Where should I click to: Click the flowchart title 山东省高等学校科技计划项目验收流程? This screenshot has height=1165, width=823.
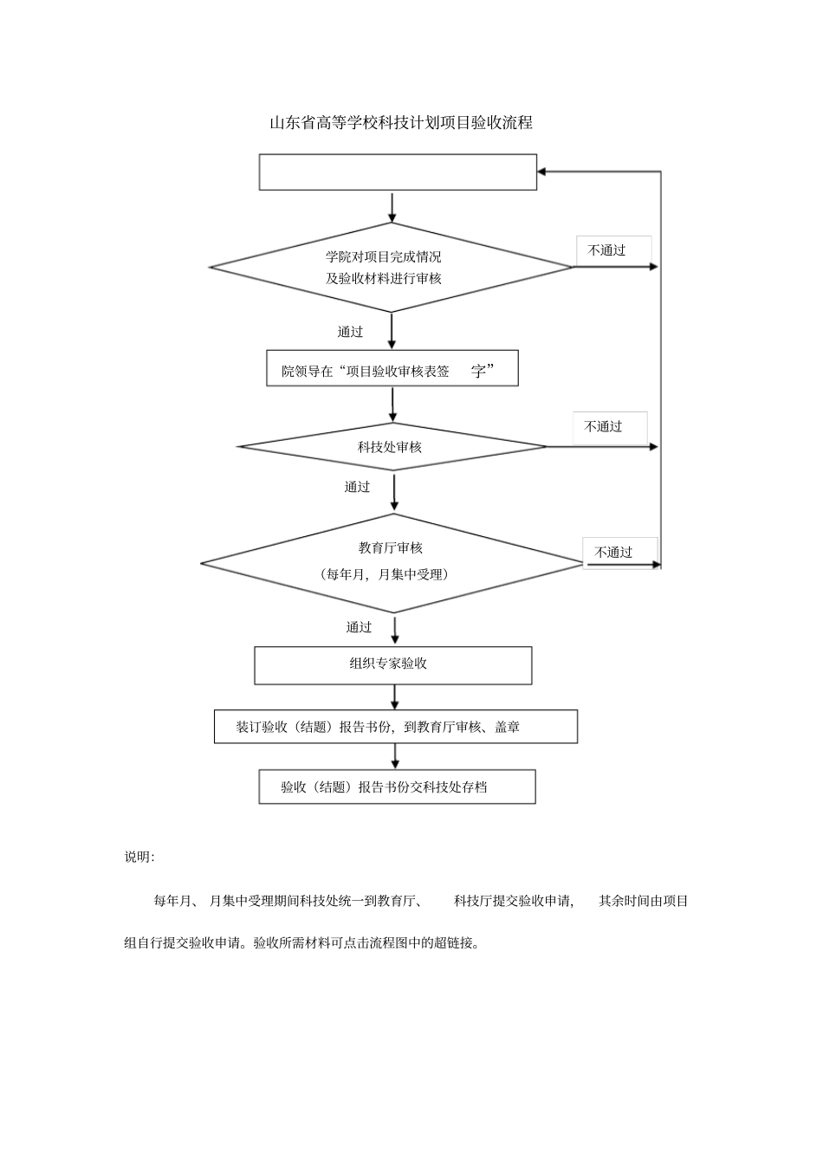coord(400,123)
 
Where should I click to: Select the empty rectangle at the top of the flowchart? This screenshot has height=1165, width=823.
coord(398,172)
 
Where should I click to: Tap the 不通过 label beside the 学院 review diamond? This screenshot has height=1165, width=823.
coord(606,250)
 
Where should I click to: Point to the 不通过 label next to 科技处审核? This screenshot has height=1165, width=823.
coord(603,427)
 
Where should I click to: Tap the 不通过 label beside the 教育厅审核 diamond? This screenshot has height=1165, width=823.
coord(613,553)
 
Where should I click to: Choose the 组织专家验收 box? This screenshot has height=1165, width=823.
coord(388,664)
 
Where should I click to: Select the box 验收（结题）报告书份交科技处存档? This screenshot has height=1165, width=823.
coord(397,787)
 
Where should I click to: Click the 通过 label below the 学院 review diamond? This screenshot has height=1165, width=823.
coord(350,332)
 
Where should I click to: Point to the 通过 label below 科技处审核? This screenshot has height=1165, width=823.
coord(357,488)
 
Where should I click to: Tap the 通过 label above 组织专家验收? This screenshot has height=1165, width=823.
coord(359,628)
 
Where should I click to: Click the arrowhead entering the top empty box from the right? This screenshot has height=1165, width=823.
coord(542,172)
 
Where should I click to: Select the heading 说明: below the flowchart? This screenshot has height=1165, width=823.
coord(139,858)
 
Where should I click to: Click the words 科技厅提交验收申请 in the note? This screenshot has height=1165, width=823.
coord(513,902)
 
